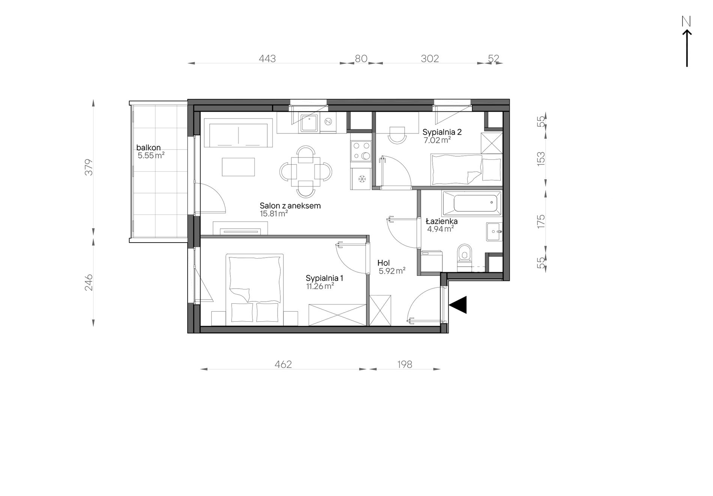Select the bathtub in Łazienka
472,203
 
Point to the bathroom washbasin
493,232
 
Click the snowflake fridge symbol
362,179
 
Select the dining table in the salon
305,172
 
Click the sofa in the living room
238,133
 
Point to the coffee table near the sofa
238,167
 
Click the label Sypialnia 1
324,278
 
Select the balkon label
149,148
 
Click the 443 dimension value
267,58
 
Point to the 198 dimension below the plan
404,364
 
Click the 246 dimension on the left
89,283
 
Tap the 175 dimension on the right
541,221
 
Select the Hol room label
384,264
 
